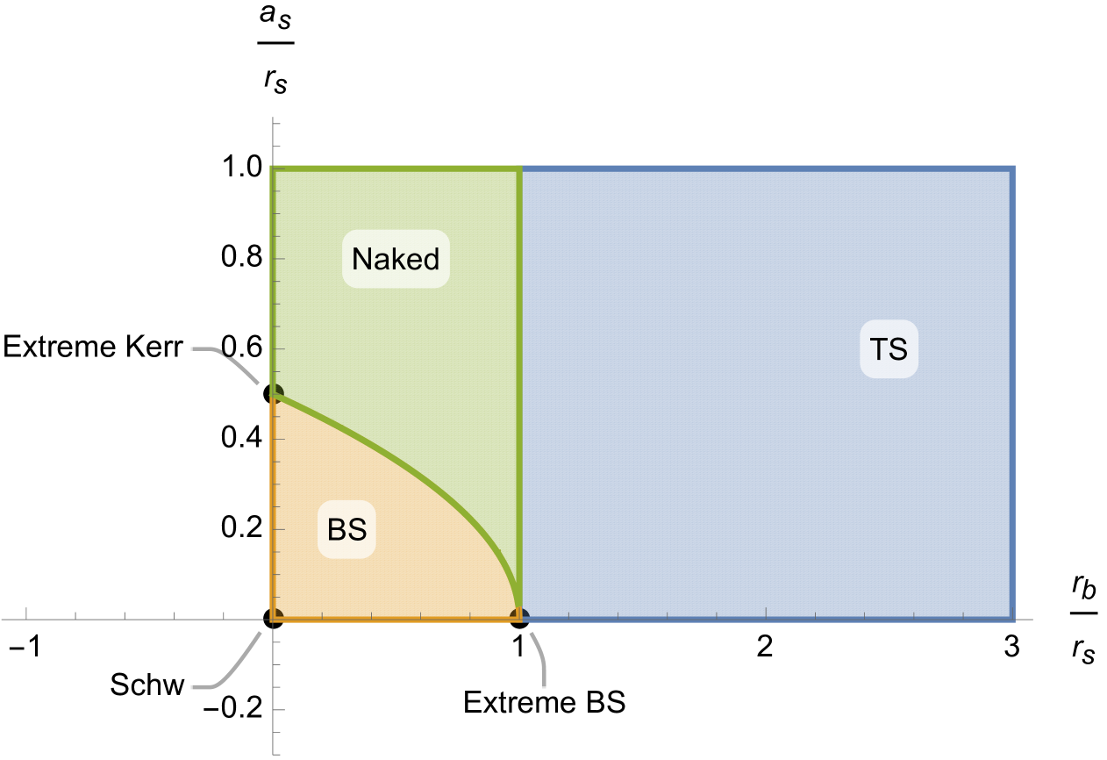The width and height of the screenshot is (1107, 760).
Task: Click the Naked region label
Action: [x=396, y=259]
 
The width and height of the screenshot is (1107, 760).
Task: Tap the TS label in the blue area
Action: [x=889, y=349]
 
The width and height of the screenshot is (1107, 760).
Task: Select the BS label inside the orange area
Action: [x=346, y=530]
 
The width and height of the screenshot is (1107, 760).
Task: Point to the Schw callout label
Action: [x=147, y=685]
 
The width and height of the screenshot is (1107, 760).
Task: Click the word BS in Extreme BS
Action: [x=605, y=703]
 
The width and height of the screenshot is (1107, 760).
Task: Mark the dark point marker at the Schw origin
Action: [x=277, y=614]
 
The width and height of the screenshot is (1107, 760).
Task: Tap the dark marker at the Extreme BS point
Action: [x=518, y=614]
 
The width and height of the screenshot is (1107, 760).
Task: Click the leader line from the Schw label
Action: [x=237, y=667]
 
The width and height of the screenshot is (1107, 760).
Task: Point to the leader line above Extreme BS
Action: [x=540, y=658]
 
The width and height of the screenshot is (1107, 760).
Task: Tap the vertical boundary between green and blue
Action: [x=523, y=351]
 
